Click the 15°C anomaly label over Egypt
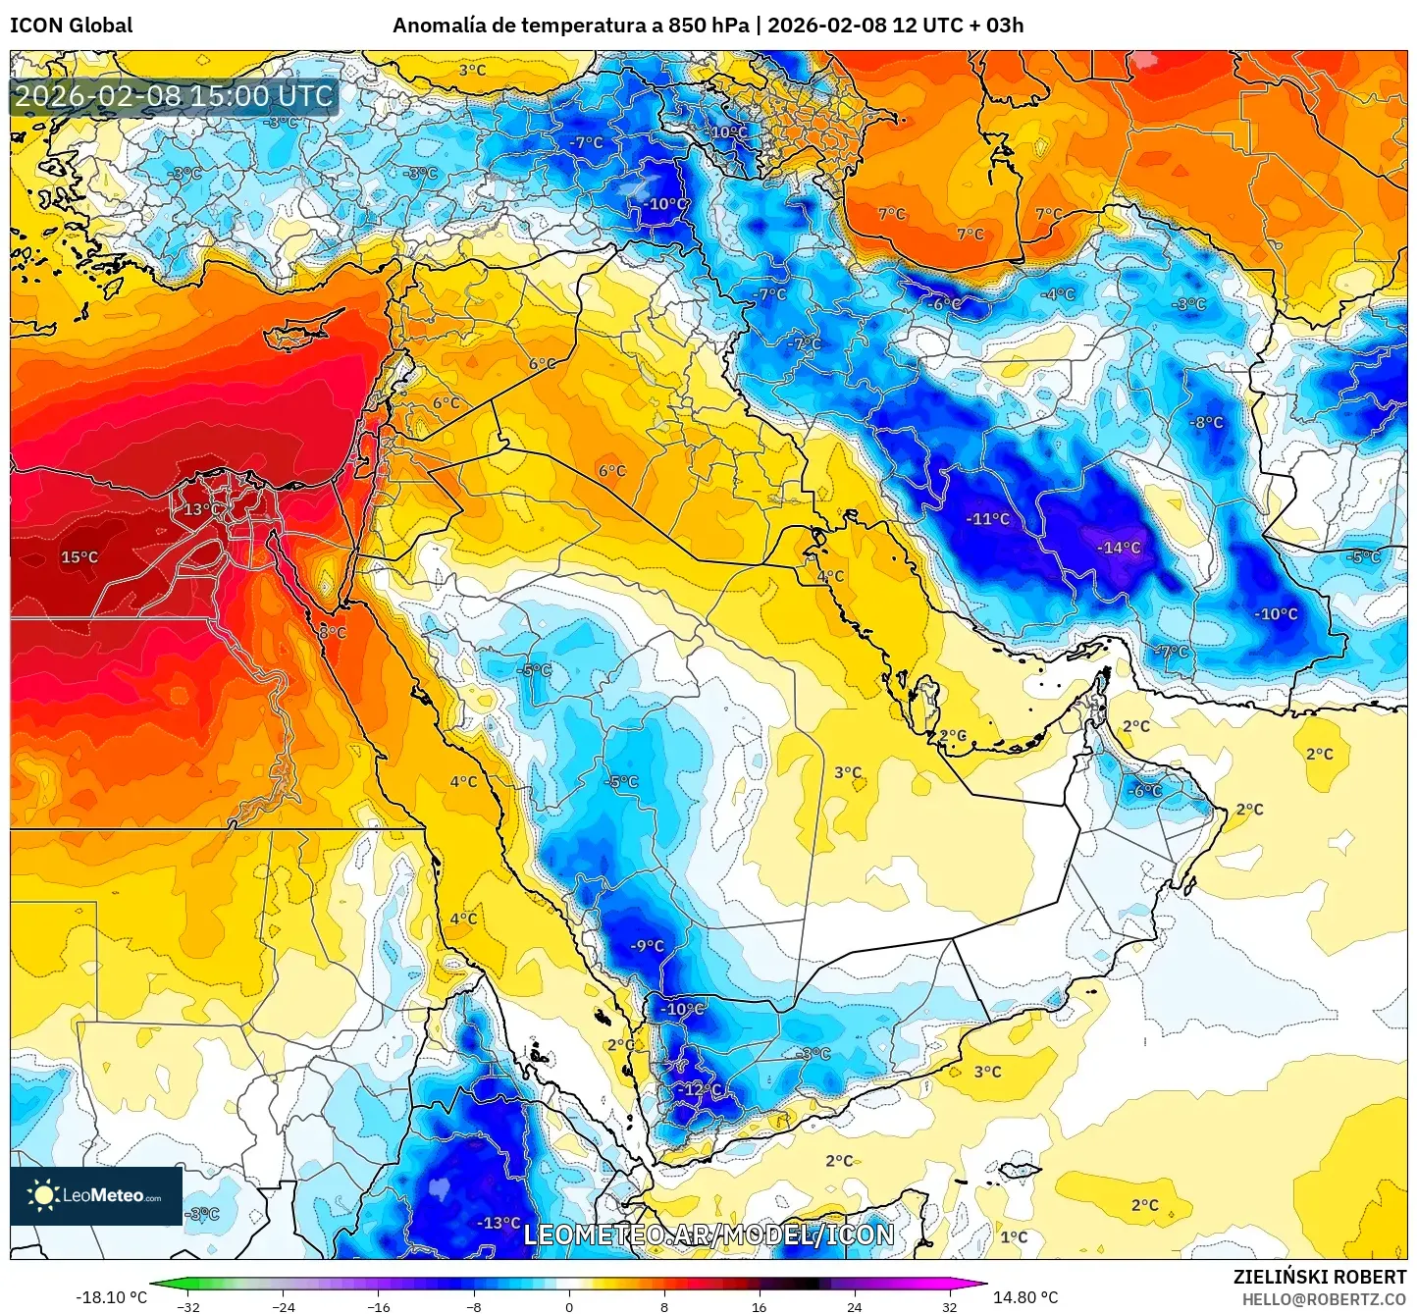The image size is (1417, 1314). tap(79, 557)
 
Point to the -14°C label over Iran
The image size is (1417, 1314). tap(1119, 548)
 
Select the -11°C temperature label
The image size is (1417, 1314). tap(987, 519)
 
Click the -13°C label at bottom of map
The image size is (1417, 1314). tap(498, 1223)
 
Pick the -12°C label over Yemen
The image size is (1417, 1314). tap(700, 1089)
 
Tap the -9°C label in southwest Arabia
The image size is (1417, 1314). tap(647, 946)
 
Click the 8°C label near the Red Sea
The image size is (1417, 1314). tap(333, 633)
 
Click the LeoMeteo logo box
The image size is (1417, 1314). tap(96, 1195)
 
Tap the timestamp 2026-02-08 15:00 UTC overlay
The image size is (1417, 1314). tap(174, 96)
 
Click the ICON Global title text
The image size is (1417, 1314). tap(71, 25)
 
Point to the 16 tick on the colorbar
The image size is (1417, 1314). tap(759, 1306)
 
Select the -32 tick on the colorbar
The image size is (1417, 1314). tap(188, 1306)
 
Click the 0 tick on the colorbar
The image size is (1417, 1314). tap(569, 1306)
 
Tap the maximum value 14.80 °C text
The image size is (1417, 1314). tap(1024, 1297)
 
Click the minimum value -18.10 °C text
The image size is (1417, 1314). tap(111, 1297)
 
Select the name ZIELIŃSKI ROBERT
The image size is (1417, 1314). tap(1319, 1277)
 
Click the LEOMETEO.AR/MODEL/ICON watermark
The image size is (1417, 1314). tap(708, 1235)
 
